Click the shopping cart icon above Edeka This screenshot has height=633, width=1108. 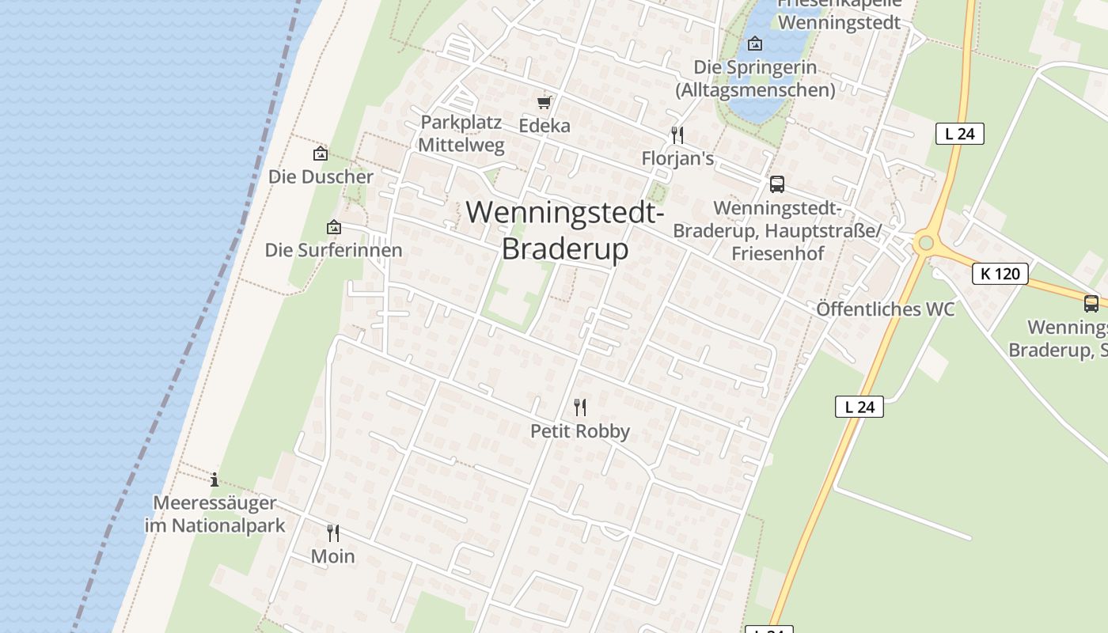[x=544, y=103]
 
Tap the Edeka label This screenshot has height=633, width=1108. [x=545, y=125]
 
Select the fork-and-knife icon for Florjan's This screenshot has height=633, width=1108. [x=677, y=135]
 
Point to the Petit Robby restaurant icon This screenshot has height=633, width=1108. [x=580, y=407]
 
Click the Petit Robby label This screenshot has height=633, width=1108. [x=580, y=431]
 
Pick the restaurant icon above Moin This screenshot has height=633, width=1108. [x=333, y=533]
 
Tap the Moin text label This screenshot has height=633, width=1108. [x=332, y=556]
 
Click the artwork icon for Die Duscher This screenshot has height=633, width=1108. [x=321, y=154]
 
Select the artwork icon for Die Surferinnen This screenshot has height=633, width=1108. [x=334, y=228]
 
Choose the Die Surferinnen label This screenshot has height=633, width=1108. [x=333, y=250]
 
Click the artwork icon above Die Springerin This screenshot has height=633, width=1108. [x=755, y=44]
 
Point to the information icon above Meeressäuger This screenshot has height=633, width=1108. [x=214, y=479]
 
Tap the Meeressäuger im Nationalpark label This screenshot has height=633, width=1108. [x=214, y=514]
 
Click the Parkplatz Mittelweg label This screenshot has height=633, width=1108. [x=461, y=134]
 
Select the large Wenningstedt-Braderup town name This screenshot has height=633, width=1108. [x=565, y=230]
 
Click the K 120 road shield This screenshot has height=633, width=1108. [x=1000, y=274]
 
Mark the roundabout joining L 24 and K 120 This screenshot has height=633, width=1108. [x=924, y=244]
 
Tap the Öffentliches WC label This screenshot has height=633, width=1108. [x=885, y=309]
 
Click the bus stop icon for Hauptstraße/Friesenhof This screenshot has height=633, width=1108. [x=777, y=184]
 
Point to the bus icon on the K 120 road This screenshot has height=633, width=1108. [x=1091, y=303]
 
